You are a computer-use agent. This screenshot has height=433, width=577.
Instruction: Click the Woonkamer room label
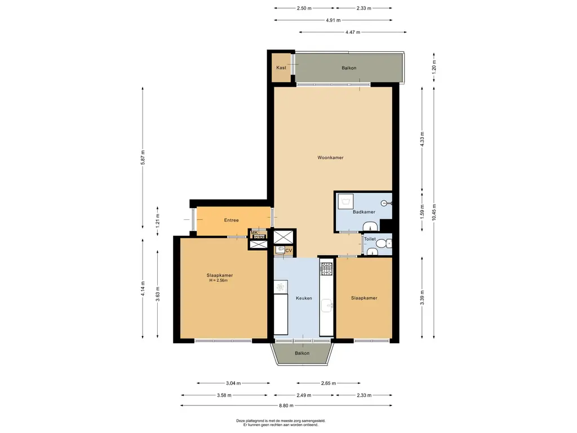tap(330, 158)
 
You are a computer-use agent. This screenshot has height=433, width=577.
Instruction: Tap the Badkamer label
tap(364, 212)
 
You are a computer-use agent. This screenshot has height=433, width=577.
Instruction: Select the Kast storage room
tap(282, 68)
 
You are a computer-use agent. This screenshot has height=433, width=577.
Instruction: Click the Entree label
tap(232, 220)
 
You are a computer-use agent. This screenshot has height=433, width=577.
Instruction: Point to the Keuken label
tap(304, 298)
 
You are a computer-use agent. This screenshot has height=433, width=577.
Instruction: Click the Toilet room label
tap(370, 239)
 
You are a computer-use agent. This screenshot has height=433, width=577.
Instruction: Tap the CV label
tap(289, 251)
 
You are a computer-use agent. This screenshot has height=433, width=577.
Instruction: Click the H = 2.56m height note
tap(219, 281)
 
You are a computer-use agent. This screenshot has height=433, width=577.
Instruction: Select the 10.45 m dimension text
tap(434, 212)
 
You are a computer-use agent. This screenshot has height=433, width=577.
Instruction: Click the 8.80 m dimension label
tap(286, 406)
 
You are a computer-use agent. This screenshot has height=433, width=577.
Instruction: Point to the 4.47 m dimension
tap(353, 32)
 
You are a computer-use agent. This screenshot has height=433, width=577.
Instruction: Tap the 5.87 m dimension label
tap(143, 157)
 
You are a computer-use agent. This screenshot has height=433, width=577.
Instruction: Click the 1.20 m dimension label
tap(434, 68)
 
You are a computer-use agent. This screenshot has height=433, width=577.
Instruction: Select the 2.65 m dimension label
tap(329, 383)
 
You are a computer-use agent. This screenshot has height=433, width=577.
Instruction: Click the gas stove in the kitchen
tap(326, 269)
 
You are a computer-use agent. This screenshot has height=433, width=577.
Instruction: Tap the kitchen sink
tap(327, 306)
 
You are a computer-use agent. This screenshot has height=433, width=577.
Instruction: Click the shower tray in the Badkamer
tap(345, 201)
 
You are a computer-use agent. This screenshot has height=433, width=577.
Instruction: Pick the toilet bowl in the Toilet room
tap(387, 244)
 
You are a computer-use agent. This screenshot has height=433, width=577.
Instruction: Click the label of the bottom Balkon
tap(302, 354)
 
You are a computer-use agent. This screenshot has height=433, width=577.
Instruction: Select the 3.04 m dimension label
tap(233, 383)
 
